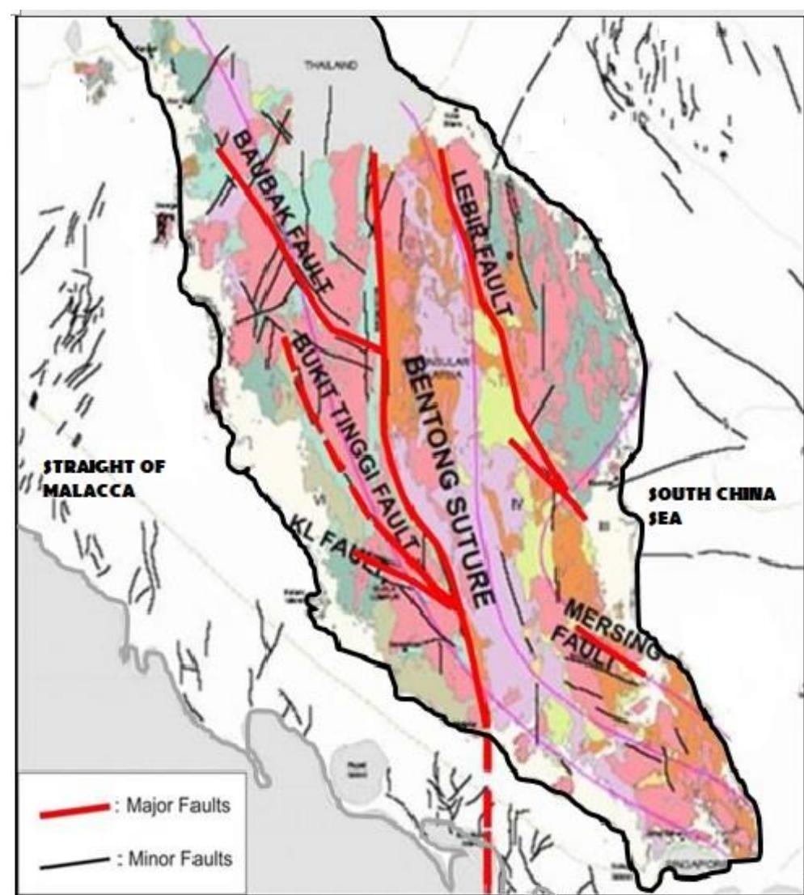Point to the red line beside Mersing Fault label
click(x=611, y=651)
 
